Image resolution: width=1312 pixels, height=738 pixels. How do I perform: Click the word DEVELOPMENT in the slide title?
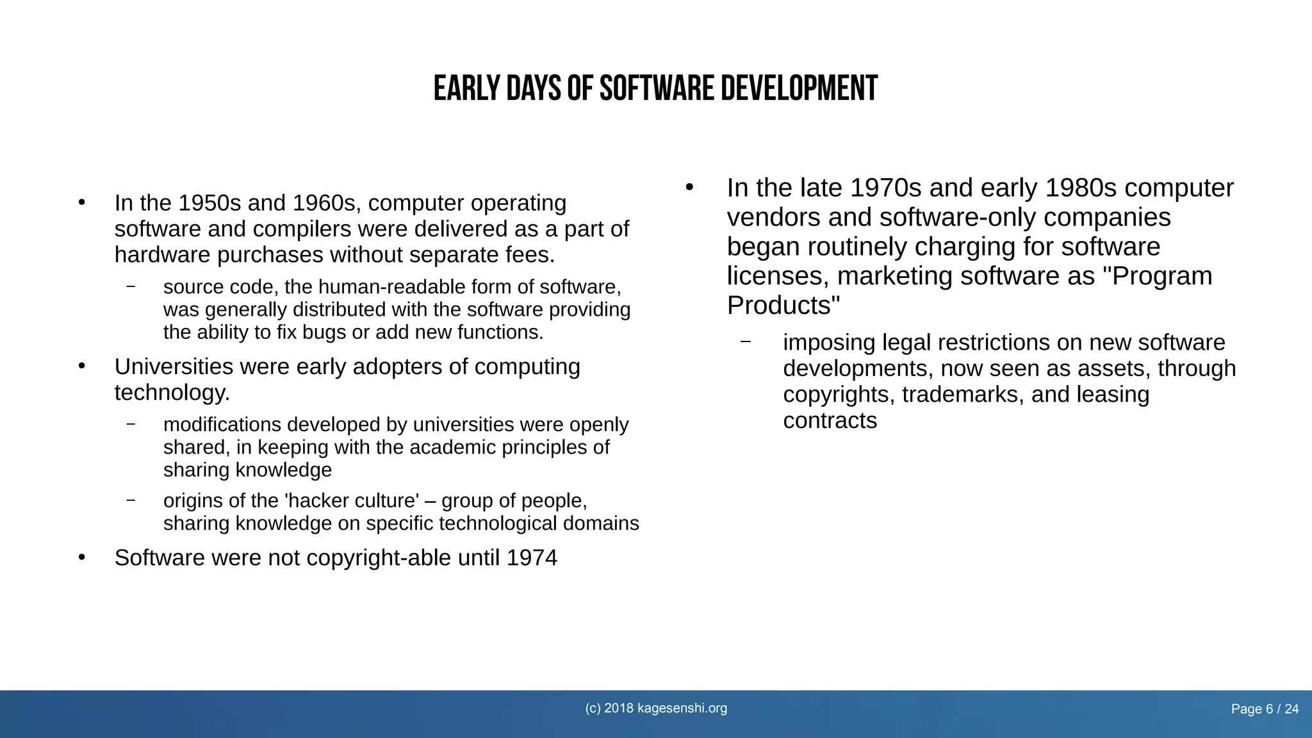pyautogui.click(x=799, y=88)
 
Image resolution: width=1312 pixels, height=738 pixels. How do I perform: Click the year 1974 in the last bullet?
pyautogui.click(x=532, y=558)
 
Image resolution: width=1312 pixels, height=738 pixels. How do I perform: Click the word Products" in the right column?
pyautogui.click(x=783, y=306)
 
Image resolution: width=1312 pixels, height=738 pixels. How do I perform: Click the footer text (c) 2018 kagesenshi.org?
pyautogui.click(x=656, y=708)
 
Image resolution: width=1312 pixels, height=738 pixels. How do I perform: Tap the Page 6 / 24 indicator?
pyautogui.click(x=1265, y=709)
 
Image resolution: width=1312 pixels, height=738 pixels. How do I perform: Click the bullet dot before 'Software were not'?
pyautogui.click(x=81, y=557)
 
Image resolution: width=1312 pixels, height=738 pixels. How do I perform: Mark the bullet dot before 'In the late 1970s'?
pyautogui.click(x=689, y=187)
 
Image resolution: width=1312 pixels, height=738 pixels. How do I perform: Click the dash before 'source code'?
pyautogui.click(x=131, y=286)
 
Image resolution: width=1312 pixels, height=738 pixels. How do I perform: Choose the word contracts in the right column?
pyautogui.click(x=830, y=421)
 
